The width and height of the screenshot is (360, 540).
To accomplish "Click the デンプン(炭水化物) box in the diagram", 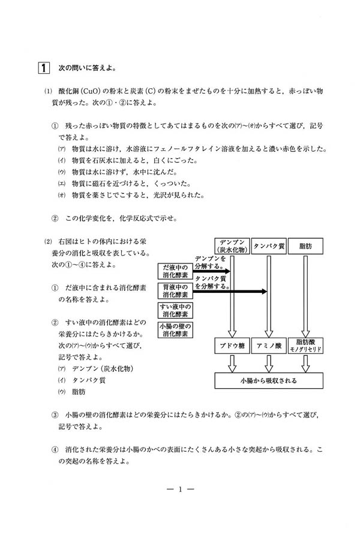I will click(231, 246).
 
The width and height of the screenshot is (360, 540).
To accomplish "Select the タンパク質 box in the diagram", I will click(269, 246).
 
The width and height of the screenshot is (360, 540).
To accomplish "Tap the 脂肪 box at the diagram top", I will click(306, 246).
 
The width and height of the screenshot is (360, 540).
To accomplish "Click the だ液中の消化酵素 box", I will click(175, 271).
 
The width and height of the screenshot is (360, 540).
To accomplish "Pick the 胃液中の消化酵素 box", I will click(175, 291).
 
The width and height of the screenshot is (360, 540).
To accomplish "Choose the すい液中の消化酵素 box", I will click(175, 310).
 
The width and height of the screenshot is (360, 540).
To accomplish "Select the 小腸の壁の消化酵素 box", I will click(175, 329).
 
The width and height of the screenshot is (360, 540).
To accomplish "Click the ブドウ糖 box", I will click(231, 346).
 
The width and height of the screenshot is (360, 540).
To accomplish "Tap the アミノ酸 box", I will click(269, 346).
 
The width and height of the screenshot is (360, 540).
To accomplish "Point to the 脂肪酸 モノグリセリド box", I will click(306, 346).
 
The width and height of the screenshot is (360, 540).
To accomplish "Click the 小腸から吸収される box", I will click(268, 380).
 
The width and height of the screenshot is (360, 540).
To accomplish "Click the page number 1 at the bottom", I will click(180, 490).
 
